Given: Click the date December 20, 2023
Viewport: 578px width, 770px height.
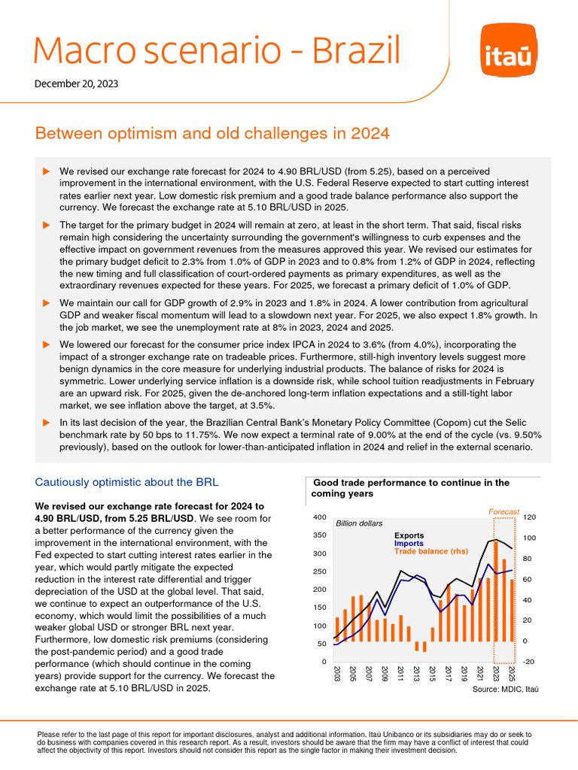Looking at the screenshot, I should pos(76,84).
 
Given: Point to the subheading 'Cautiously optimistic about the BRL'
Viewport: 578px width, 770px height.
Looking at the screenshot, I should pos(127,482).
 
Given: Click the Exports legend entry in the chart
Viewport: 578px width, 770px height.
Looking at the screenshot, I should pos(409,535).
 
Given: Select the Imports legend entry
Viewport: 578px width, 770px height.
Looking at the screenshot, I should pos(409,543).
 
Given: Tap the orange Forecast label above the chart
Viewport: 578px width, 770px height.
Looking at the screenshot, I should pos(503,511).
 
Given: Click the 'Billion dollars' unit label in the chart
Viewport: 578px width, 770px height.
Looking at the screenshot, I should pos(359,523).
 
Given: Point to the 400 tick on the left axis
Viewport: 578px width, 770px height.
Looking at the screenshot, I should pos(318,517).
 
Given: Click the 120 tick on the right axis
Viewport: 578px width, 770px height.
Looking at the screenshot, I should pos(530,517).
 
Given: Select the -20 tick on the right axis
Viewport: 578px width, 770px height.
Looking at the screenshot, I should pos(529,661).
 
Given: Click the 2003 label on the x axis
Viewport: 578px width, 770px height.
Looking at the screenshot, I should pos(336,674).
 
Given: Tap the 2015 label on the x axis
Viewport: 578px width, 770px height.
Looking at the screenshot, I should pos(432,674).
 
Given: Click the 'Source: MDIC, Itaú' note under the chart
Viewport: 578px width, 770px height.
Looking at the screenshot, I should pos(506,689).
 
